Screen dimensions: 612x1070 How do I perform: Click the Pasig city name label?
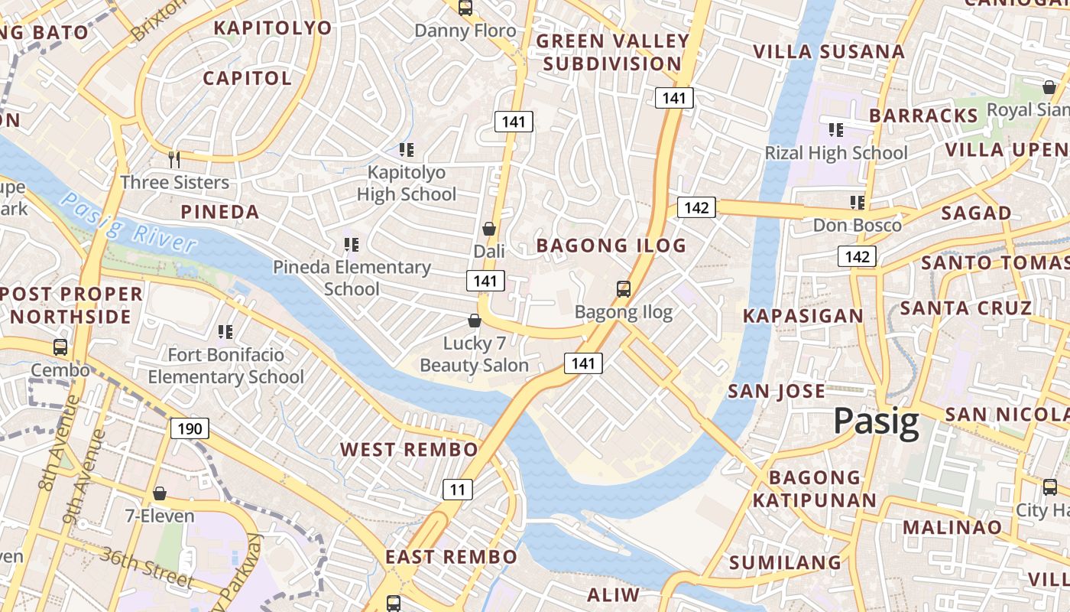[x=876, y=422]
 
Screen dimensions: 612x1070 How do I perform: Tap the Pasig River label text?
[x=128, y=223]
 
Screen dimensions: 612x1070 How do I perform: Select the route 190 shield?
[x=189, y=428]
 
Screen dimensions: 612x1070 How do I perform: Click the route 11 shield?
[x=456, y=490]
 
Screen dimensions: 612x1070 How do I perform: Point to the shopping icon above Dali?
[x=489, y=229]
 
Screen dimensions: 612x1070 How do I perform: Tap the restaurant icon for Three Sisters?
[x=174, y=159]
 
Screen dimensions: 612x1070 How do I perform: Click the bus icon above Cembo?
[x=60, y=347]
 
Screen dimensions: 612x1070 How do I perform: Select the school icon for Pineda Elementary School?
[x=352, y=245]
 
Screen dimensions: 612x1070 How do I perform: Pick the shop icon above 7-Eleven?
[x=160, y=493]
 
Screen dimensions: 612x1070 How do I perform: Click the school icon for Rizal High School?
[x=836, y=130]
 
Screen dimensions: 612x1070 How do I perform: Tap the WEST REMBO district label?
[x=409, y=449]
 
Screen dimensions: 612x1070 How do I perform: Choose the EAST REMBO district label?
[x=451, y=556]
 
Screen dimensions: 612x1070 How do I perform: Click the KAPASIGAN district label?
[x=803, y=315]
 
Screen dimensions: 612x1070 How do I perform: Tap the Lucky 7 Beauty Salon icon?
[x=475, y=321]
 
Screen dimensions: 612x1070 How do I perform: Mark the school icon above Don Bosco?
[x=858, y=203]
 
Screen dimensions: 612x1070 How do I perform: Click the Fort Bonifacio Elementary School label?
[x=225, y=366]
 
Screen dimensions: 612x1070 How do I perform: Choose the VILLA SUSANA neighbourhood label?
[x=829, y=52]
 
